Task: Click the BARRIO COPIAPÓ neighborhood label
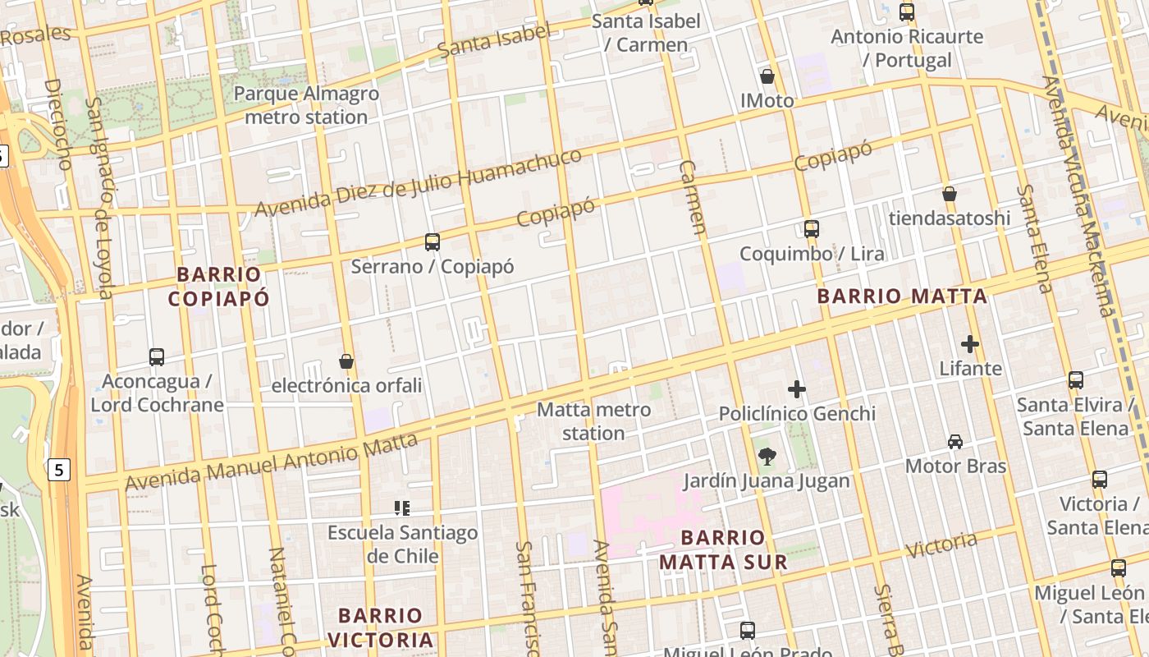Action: (x=218, y=286)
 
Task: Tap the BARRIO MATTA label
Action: (x=902, y=296)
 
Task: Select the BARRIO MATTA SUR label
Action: (x=723, y=549)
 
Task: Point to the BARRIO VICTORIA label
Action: (x=380, y=627)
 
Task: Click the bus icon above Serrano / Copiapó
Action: (x=433, y=242)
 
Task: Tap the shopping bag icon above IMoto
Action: (x=767, y=76)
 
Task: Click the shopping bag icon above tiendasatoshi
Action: (x=950, y=194)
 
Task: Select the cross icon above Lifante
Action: (x=970, y=344)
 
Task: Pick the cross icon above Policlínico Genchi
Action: (x=796, y=389)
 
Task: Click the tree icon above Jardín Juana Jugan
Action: (x=767, y=456)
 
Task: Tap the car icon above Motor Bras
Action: (x=955, y=442)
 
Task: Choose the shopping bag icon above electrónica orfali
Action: (x=346, y=361)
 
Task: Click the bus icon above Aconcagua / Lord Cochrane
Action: (x=157, y=357)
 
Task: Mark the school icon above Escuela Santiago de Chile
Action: (x=402, y=508)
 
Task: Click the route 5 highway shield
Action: (x=59, y=470)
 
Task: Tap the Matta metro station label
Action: (x=594, y=420)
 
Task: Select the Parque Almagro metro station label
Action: (x=306, y=105)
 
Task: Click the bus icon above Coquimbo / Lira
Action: (x=812, y=229)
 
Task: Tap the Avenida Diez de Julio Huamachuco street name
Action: (x=419, y=184)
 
